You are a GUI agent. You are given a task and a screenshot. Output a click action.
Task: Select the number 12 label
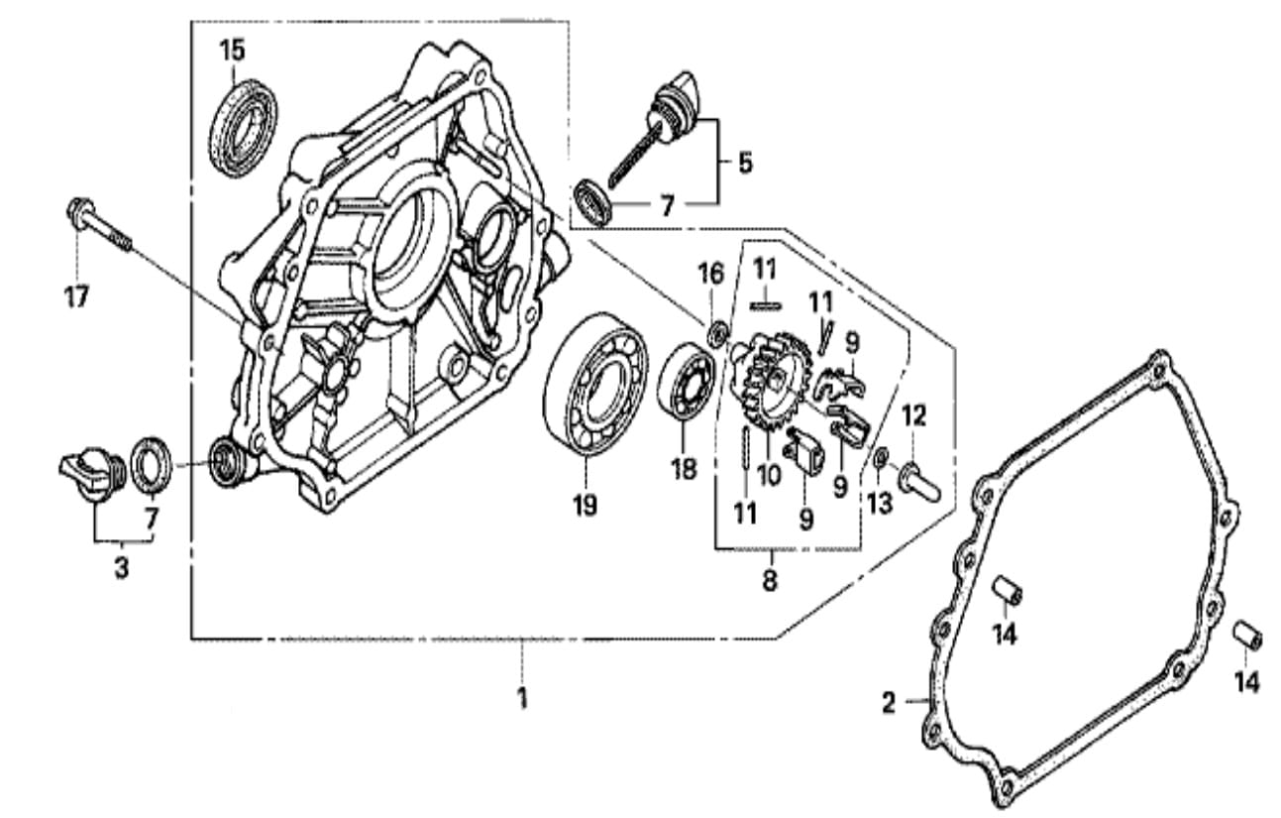(x=912, y=416)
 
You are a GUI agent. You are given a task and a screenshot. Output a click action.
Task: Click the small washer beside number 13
(x=881, y=457)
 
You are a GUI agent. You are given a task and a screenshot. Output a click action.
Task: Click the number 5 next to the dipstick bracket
(x=744, y=162)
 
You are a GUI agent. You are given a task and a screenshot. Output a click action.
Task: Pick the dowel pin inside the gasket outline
(x=1008, y=589)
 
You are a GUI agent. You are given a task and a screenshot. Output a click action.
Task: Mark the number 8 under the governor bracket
(x=770, y=581)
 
